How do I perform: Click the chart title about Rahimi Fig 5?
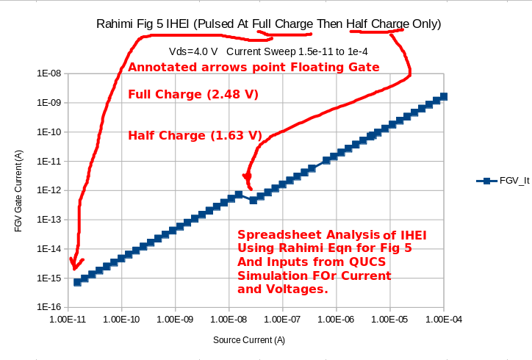(x=269, y=24)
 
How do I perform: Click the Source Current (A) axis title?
(x=249, y=340)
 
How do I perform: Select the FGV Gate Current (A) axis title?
(x=18, y=190)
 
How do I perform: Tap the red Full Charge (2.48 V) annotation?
(x=193, y=95)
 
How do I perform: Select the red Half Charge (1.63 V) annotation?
(x=195, y=135)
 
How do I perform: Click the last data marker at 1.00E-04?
(x=444, y=96)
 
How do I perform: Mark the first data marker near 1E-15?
(x=77, y=282)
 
